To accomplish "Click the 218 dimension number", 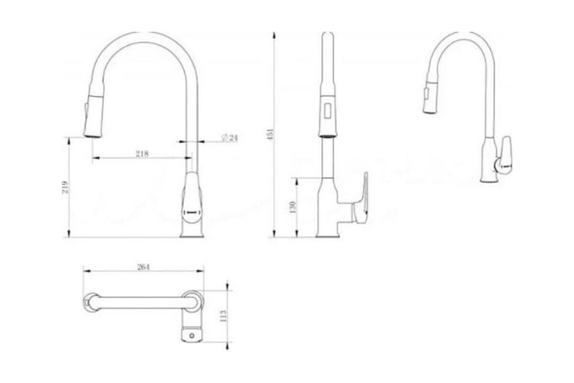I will tap(141, 153).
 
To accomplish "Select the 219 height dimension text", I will tap(65, 187).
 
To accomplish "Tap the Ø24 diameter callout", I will tap(230, 137).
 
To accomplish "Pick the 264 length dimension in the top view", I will tap(142, 266).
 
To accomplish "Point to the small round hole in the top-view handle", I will tap(192, 335).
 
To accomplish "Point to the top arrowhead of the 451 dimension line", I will tap(276, 34).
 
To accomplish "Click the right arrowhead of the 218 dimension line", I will tap(188, 159).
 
